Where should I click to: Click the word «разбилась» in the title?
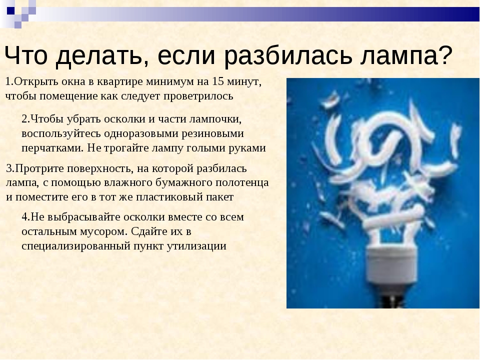click(288, 56)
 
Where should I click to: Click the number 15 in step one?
click(218, 81)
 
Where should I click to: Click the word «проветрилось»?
click(198, 96)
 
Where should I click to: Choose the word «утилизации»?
click(196, 246)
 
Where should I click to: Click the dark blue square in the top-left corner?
click(10, 10)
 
